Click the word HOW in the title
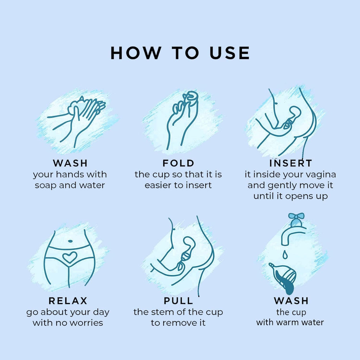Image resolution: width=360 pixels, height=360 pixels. pyautogui.click(x=135, y=53)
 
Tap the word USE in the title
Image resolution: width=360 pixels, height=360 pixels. pyautogui.click(x=230, y=53)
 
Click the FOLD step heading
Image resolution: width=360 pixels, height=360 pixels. pyautogui.click(x=178, y=163)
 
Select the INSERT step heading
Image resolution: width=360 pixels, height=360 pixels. pyautogui.click(x=291, y=163)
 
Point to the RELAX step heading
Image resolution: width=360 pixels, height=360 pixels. pyautogui.click(x=68, y=301)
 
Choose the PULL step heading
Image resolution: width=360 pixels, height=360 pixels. pyautogui.click(x=178, y=301)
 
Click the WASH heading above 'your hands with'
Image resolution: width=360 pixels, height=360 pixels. pyautogui.click(x=70, y=163)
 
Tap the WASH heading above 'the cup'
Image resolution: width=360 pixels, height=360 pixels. pyautogui.click(x=291, y=301)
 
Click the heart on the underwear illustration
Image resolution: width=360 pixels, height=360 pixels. pyautogui.click(x=70, y=257)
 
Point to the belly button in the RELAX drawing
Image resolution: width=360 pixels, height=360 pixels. pyautogui.click(x=70, y=241)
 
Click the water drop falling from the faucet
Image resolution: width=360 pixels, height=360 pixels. pyautogui.click(x=285, y=255)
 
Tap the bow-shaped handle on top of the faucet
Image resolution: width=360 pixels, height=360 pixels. pyautogui.click(x=296, y=217)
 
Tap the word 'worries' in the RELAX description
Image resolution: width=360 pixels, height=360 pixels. pyautogui.click(x=86, y=323)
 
